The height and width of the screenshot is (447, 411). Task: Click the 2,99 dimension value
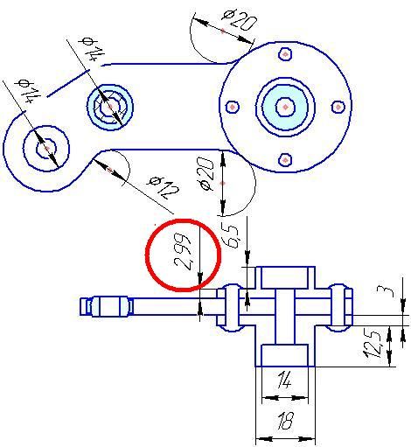click(x=183, y=251)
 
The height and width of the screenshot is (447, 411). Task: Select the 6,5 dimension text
click(x=231, y=236)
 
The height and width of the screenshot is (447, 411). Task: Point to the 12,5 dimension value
click(x=373, y=344)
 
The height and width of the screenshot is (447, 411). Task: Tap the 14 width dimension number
click(x=284, y=380)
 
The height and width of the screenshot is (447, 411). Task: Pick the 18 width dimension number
click(x=285, y=421)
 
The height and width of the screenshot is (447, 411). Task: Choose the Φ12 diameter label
click(x=164, y=188)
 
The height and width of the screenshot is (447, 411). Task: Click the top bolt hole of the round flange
click(x=285, y=54)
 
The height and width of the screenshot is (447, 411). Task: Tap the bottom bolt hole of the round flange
click(x=285, y=160)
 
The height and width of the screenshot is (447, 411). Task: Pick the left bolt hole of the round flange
click(x=233, y=107)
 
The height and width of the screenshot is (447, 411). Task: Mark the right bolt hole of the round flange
click(x=338, y=107)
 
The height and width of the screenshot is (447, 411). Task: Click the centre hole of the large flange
click(x=285, y=108)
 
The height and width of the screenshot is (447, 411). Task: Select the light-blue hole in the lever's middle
click(x=110, y=108)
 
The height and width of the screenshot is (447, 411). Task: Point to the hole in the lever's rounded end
click(x=46, y=149)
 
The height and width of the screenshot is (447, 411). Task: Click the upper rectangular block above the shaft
click(x=284, y=278)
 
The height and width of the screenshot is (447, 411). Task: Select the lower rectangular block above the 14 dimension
click(x=284, y=355)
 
